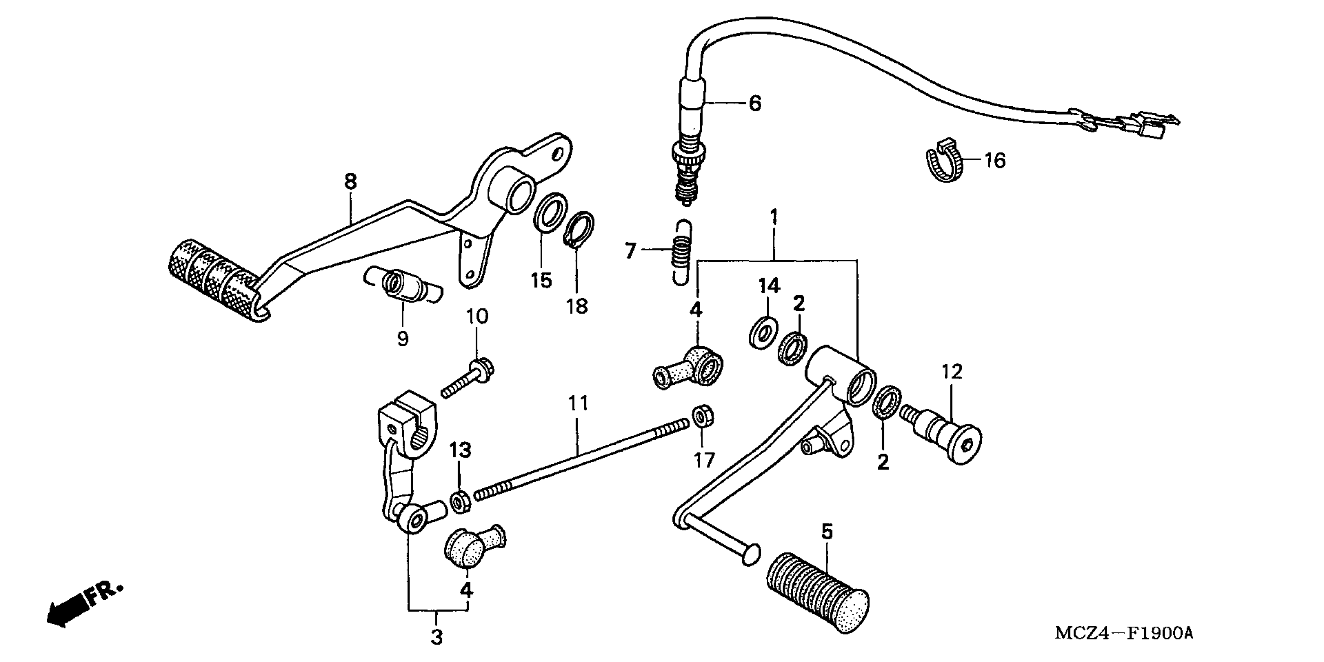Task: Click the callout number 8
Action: point(350,181)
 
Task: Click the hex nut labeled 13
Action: point(460,502)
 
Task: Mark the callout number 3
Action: point(437,638)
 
